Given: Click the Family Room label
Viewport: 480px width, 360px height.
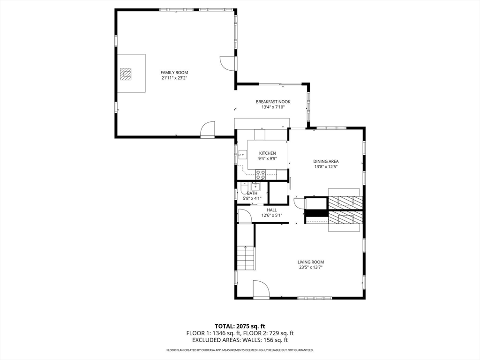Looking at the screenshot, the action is click(174, 73).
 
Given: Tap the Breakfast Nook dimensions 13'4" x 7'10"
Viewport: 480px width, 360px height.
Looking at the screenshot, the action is click(273, 107).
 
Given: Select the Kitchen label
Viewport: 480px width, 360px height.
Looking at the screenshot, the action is click(268, 153).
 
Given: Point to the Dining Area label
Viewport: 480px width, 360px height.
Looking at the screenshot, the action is click(326, 161).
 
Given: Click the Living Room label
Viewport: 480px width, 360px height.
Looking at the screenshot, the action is click(311, 262).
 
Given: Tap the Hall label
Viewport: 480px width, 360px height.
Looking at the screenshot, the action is click(271, 210).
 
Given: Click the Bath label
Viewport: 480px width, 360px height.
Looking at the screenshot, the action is click(252, 193).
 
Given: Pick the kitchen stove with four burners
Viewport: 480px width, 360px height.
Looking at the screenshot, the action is click(261, 174).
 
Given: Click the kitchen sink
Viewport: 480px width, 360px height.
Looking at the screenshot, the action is click(243, 154).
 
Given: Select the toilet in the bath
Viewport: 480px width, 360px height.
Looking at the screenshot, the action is click(244, 188).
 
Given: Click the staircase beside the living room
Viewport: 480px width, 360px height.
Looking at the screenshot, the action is click(246, 258).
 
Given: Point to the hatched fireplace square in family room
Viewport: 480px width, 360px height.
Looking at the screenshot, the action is click(126, 74).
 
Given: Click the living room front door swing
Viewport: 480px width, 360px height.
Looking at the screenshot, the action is click(261, 288).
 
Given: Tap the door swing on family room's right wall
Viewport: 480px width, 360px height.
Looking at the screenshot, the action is click(227, 64).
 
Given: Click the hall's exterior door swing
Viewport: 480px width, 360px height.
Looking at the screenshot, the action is click(245, 216).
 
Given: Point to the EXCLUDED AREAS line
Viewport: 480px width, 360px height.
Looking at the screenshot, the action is click(240, 340).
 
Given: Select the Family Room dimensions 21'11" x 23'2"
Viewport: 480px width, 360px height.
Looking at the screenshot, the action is click(174, 78).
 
